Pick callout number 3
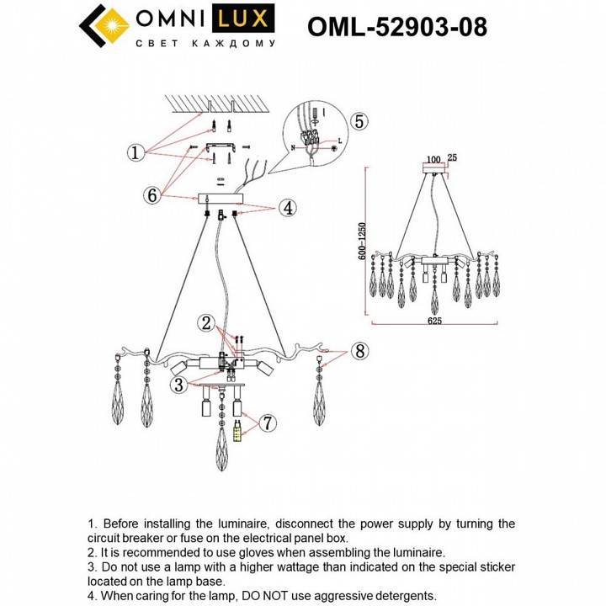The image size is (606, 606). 178,385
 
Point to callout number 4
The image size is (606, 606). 287,207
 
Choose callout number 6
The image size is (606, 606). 151,195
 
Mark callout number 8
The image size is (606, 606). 359,351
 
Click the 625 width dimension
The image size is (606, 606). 434,322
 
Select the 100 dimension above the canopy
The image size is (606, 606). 434,158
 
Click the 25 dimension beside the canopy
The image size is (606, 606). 453,158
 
